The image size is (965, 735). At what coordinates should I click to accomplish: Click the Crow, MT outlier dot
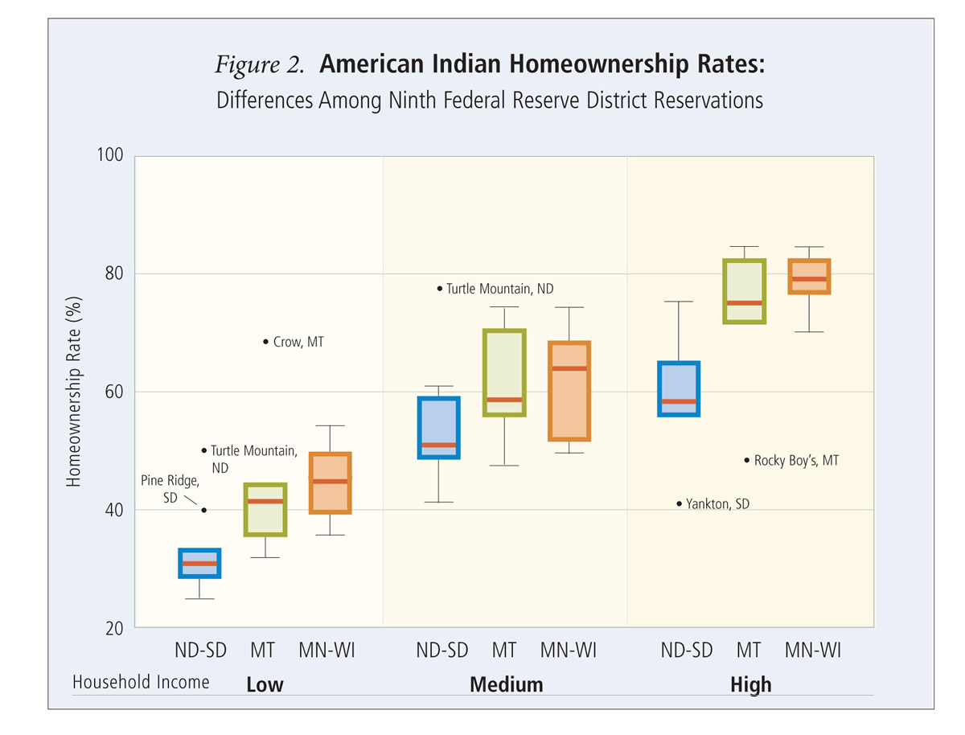click(266, 342)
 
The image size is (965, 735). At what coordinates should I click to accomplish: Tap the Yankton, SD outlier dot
click(680, 504)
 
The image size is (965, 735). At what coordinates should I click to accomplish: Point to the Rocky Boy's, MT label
click(796, 461)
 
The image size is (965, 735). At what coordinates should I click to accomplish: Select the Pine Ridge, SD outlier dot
click(204, 510)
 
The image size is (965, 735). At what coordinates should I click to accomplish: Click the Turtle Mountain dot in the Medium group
click(440, 288)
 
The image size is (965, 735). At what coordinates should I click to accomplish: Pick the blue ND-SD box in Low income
click(199, 563)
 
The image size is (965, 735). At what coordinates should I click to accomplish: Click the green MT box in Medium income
click(503, 372)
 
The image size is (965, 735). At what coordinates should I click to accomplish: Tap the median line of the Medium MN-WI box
click(569, 368)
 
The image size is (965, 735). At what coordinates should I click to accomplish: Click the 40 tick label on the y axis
click(115, 510)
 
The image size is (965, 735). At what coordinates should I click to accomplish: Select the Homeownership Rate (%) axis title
click(74, 392)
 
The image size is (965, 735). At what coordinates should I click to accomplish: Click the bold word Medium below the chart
click(506, 684)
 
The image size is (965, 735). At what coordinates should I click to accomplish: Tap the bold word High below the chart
click(750, 684)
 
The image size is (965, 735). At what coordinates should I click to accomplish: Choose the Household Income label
click(141, 682)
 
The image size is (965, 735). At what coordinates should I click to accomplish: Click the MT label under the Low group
click(262, 650)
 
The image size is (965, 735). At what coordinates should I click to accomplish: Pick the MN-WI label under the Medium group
click(568, 650)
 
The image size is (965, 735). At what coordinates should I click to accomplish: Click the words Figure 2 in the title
click(259, 66)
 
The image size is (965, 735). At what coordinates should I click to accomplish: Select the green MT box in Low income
click(265, 510)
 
